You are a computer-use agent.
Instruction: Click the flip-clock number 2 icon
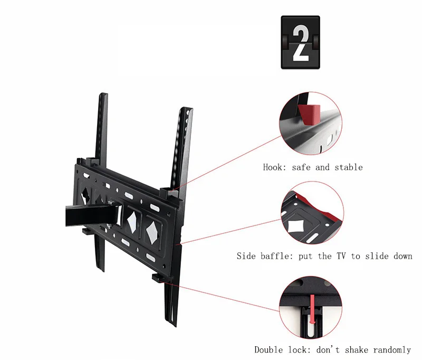(300, 42)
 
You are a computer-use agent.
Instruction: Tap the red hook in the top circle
(310, 112)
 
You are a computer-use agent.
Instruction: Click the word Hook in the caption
(273, 167)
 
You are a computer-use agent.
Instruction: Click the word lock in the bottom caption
(299, 349)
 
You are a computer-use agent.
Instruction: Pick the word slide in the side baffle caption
(378, 256)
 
